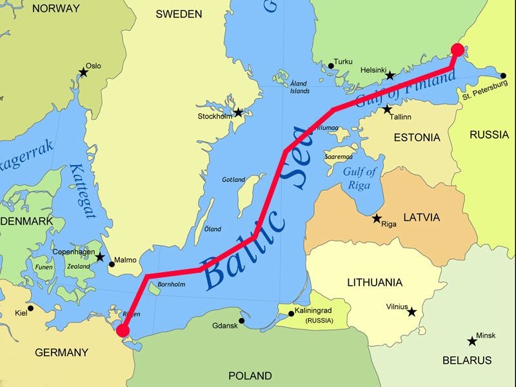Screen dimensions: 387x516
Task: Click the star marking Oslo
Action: pos(83,72)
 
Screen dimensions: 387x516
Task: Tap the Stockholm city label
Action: pos(215,117)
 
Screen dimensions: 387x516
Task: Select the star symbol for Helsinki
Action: pos(390,76)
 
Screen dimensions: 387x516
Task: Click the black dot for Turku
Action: pos(331,64)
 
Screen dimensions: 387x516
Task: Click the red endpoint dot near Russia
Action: pos(457,50)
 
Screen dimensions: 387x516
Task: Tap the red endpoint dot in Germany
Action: pos(122,331)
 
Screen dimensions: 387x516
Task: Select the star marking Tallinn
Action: pos(387,110)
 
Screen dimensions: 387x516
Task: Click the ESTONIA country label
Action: pos(417,137)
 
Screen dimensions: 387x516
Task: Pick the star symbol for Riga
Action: pos(377,219)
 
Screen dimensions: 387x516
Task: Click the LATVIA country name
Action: pos(421,217)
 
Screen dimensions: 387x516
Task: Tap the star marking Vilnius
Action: pos(412,312)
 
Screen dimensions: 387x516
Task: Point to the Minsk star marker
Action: pos(472,341)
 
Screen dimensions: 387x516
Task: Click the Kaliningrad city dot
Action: pos(291,313)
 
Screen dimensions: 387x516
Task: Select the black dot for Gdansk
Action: pos(241,321)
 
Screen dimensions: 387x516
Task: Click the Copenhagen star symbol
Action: pos(100,257)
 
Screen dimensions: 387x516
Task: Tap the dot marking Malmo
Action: pos(111,263)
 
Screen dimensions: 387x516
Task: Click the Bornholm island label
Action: pos(172,284)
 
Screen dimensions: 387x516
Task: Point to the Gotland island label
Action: pos(233,179)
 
